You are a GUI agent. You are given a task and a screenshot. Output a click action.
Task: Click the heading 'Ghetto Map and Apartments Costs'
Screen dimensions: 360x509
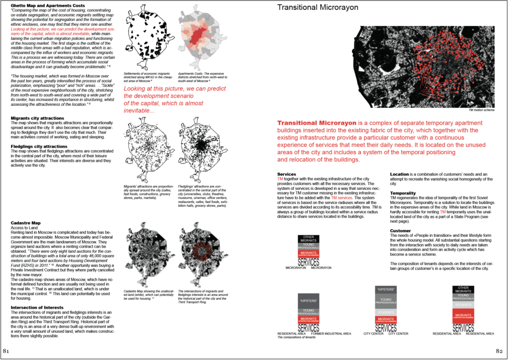pos(47,5)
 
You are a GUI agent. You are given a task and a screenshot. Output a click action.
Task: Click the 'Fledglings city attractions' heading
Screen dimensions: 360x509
pos(45,147)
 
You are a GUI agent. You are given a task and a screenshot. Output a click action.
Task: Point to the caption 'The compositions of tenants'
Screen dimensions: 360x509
pos(297,338)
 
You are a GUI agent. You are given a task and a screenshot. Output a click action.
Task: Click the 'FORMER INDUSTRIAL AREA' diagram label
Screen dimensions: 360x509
pos(331,334)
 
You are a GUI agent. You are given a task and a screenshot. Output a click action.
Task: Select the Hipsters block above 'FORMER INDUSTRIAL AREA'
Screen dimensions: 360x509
pos(309,301)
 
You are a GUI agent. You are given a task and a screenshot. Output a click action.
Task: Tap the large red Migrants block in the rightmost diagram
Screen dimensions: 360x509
pos(463,315)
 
